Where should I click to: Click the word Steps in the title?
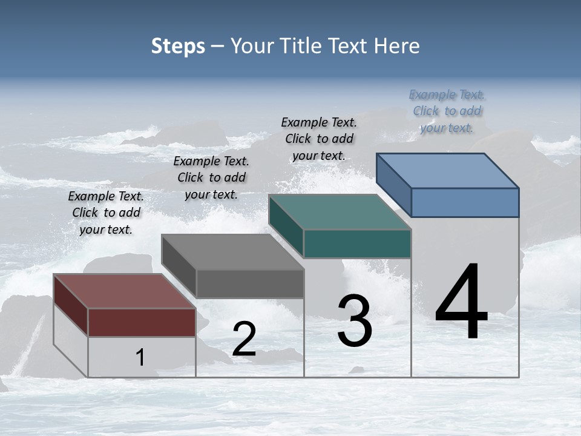(x=178, y=46)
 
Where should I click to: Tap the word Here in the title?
(x=396, y=46)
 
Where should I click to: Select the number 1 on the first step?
(x=140, y=358)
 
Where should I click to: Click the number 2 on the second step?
(x=244, y=339)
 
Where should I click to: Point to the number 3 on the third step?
(x=354, y=321)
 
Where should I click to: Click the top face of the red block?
(x=124, y=291)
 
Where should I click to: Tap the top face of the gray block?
(x=232, y=252)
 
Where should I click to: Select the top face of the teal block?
(x=340, y=213)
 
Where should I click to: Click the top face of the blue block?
(x=447, y=171)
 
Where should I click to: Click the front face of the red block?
(x=142, y=322)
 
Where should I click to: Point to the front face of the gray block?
(x=249, y=283)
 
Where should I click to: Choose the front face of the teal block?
(x=357, y=243)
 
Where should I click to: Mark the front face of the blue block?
(x=465, y=202)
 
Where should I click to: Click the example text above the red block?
(x=106, y=213)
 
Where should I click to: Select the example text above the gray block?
(x=211, y=177)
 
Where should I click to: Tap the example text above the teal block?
(x=319, y=139)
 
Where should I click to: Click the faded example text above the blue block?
(x=447, y=111)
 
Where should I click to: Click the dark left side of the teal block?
(x=286, y=225)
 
